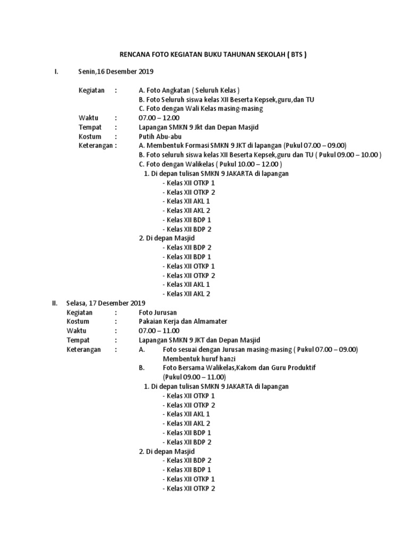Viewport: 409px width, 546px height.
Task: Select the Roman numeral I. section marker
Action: click(x=56, y=71)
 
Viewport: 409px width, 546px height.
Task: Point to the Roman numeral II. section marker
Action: click(x=54, y=303)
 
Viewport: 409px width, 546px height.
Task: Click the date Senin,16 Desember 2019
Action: click(x=108, y=71)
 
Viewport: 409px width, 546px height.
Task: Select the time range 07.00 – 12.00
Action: click(x=159, y=117)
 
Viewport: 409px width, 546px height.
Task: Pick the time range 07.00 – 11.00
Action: click(x=159, y=331)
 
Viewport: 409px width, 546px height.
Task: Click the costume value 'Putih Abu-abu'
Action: click(x=160, y=136)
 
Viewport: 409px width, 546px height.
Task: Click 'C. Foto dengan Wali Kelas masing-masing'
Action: click(x=201, y=108)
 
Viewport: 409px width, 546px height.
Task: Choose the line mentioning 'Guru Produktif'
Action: click(x=242, y=368)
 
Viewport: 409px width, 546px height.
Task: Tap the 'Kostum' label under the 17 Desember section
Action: click(x=78, y=322)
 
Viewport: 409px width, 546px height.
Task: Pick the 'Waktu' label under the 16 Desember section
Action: click(x=89, y=117)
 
